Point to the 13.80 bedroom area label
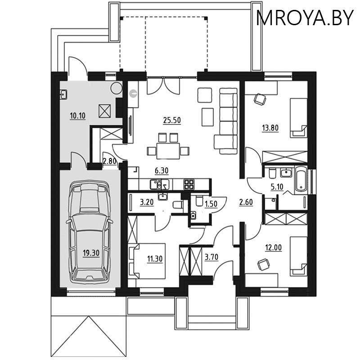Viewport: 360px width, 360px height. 270,127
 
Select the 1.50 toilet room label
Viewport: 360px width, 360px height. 211,203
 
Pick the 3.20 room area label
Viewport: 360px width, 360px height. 147,202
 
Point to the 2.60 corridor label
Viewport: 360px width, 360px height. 246,202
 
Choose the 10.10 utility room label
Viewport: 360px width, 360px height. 78,116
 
